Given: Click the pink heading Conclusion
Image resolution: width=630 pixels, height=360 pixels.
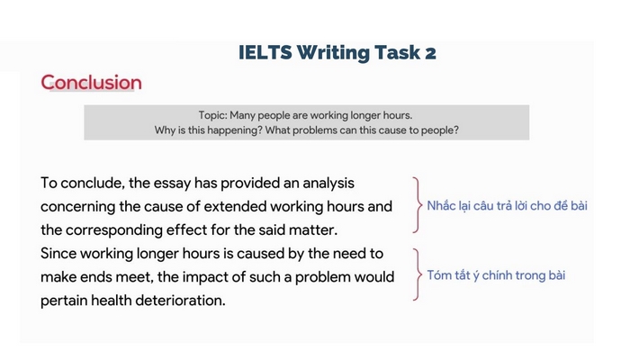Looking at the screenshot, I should [91, 83].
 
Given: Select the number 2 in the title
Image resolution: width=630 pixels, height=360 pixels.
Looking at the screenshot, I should [430, 52].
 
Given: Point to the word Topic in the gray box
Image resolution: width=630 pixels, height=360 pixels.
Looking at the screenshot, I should [212, 115].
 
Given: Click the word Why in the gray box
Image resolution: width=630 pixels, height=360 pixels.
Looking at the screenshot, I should [167, 130].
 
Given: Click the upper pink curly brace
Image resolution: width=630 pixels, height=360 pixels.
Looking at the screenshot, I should [416, 205].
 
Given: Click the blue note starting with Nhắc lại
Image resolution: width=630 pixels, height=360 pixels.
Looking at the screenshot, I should [507, 206].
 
